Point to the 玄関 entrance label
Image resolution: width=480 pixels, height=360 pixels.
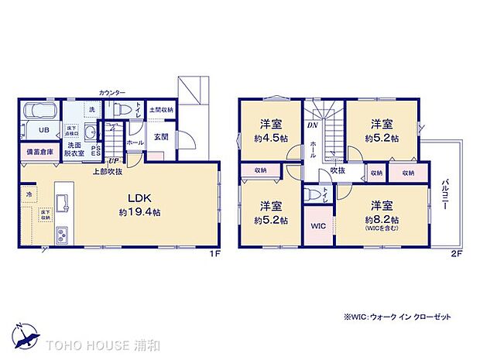[x=160, y=136]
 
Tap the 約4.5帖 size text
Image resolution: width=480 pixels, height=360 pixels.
[x=270, y=139]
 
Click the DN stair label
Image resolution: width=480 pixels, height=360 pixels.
[x=312, y=125]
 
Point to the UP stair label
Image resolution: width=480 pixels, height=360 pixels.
[x=114, y=160]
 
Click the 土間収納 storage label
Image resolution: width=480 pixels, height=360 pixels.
[x=161, y=110]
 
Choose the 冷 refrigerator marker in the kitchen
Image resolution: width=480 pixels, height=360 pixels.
[x=29, y=194]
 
